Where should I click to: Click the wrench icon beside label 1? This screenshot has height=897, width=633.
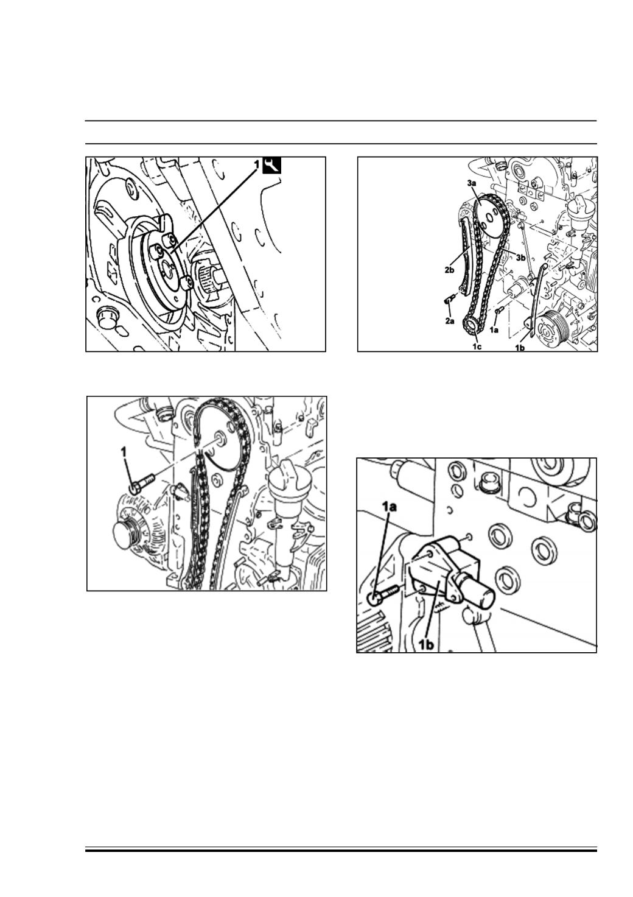[271, 165]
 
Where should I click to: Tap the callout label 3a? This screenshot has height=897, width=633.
[471, 183]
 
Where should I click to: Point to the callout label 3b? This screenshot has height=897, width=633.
[520, 258]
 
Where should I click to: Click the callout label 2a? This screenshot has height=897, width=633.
[450, 321]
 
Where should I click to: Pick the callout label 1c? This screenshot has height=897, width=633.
[477, 346]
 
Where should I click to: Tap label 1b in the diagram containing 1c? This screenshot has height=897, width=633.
[520, 348]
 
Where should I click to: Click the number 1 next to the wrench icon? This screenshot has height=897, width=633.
[257, 164]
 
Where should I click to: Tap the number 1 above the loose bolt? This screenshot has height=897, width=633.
[124, 452]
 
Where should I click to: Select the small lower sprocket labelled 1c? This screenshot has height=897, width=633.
[472, 324]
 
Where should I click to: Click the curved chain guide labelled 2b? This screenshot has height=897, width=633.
[467, 257]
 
